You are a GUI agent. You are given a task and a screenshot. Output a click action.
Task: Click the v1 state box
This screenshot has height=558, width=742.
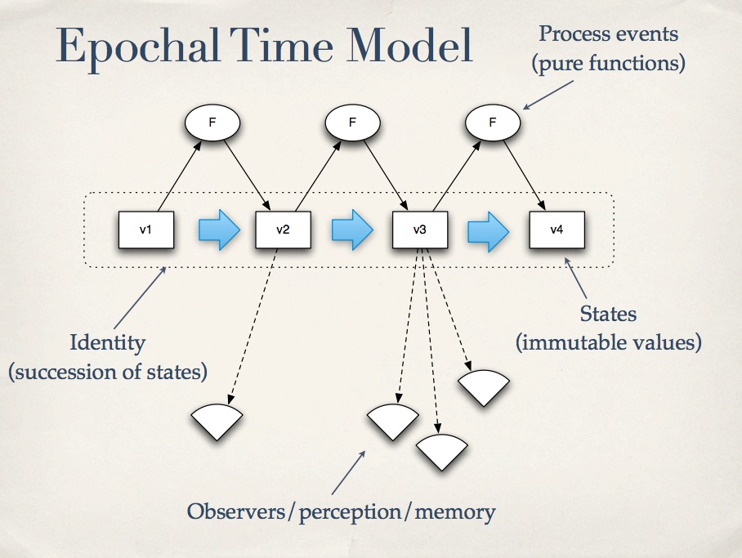(145, 230)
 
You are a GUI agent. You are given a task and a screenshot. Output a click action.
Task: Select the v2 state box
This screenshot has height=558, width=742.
(283, 230)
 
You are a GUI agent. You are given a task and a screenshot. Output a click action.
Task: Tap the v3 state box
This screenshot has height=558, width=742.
(420, 230)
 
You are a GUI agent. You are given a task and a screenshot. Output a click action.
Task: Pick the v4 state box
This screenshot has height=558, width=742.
(557, 230)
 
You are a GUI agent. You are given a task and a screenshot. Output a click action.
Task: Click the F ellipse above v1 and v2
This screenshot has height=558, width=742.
(212, 123)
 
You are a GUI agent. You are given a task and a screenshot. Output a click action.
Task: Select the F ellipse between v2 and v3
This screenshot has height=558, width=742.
(352, 123)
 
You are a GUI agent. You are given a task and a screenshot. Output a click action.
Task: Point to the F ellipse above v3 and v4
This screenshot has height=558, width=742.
(493, 123)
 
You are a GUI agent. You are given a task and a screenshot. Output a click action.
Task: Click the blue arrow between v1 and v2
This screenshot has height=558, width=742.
(219, 230)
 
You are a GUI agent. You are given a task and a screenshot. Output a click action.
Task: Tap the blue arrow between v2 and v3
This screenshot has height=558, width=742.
(352, 230)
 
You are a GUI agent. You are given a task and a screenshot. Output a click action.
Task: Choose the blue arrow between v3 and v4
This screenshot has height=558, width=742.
(489, 231)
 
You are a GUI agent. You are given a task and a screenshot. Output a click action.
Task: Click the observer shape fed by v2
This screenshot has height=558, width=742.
(217, 422)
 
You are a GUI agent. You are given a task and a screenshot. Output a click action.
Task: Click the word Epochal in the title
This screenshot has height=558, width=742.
(138, 47)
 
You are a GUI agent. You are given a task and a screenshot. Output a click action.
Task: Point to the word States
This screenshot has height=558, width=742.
(608, 314)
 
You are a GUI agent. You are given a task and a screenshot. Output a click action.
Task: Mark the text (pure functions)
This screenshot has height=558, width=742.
(609, 64)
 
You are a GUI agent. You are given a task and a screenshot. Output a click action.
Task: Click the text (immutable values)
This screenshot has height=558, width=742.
(609, 342)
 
